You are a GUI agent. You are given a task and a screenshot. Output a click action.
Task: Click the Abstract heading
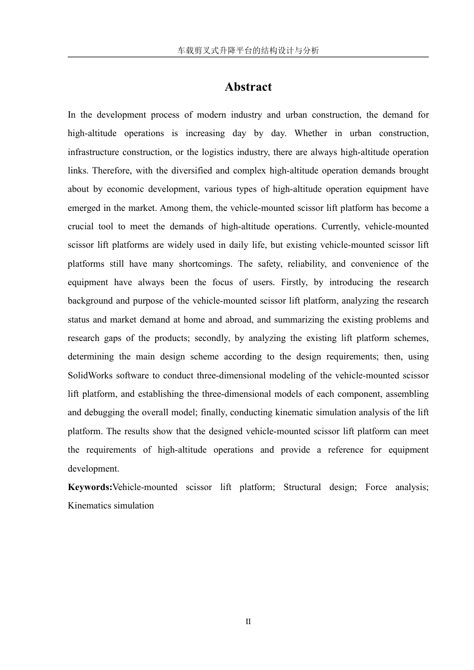pos(248,87)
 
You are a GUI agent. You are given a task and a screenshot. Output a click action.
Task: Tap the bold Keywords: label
pos(90,487)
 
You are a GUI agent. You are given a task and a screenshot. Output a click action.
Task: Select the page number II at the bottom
pos(248,622)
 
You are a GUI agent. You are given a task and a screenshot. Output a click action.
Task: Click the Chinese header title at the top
pos(248,50)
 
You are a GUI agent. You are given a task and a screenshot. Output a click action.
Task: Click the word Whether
pos(311,133)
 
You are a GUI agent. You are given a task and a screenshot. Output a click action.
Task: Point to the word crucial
pos(82,226)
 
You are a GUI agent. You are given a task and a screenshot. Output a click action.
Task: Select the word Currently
pos(340,226)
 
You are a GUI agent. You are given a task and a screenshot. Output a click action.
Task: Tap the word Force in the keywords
pos(376,487)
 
